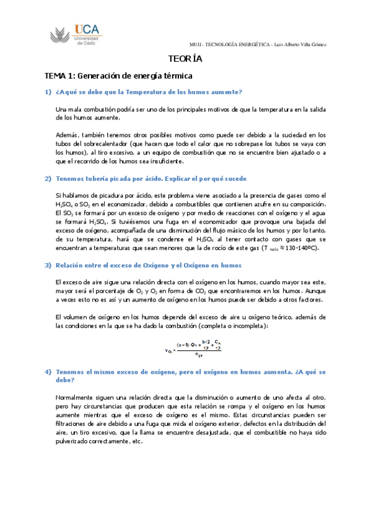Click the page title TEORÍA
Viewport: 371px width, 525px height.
coord(185,60)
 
